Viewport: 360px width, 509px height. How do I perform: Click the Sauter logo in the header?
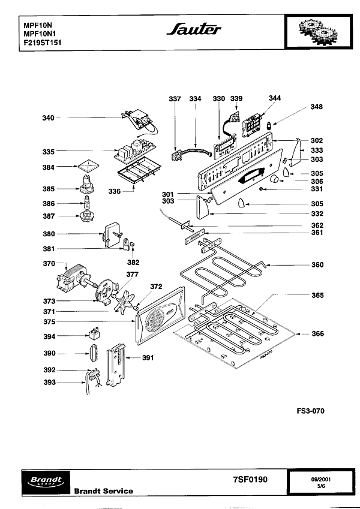[194, 29]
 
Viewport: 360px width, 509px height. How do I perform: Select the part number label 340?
[48, 118]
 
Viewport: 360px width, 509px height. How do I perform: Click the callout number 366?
[318, 334]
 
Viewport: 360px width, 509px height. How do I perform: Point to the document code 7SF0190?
[250, 480]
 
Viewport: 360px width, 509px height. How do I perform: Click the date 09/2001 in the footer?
[321, 480]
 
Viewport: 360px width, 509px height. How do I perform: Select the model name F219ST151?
[43, 43]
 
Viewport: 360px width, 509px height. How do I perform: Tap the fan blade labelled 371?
[125, 302]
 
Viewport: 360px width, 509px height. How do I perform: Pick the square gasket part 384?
[88, 165]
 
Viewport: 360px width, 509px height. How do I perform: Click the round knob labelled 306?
[275, 178]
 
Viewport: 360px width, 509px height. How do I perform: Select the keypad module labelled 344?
[252, 125]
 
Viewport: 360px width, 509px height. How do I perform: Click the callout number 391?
[148, 358]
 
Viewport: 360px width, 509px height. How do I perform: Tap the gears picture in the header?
[318, 32]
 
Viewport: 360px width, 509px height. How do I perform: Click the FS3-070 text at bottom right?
[310, 411]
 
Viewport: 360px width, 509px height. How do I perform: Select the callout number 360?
[317, 265]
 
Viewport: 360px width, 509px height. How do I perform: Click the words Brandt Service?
[104, 491]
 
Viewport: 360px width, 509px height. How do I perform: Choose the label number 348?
[316, 107]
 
